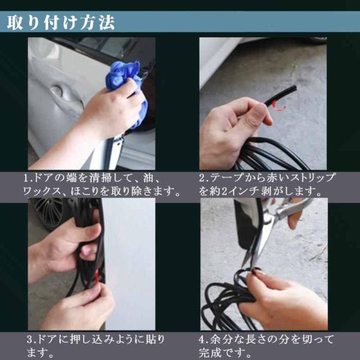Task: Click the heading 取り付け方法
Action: pyautogui.click(x=61, y=23)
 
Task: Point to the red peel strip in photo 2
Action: pyautogui.click(x=278, y=106)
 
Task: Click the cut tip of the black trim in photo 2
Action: pyautogui.click(x=295, y=88)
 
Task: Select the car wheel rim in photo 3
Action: pyautogui.click(x=49, y=212)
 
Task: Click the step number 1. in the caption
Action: pyautogui.click(x=28, y=179)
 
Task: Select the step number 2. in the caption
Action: pyautogui.click(x=203, y=178)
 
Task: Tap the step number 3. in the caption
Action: pyautogui.click(x=31, y=340)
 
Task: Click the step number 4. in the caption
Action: pyautogui.click(x=203, y=340)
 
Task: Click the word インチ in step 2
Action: pyautogui.click(x=244, y=191)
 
